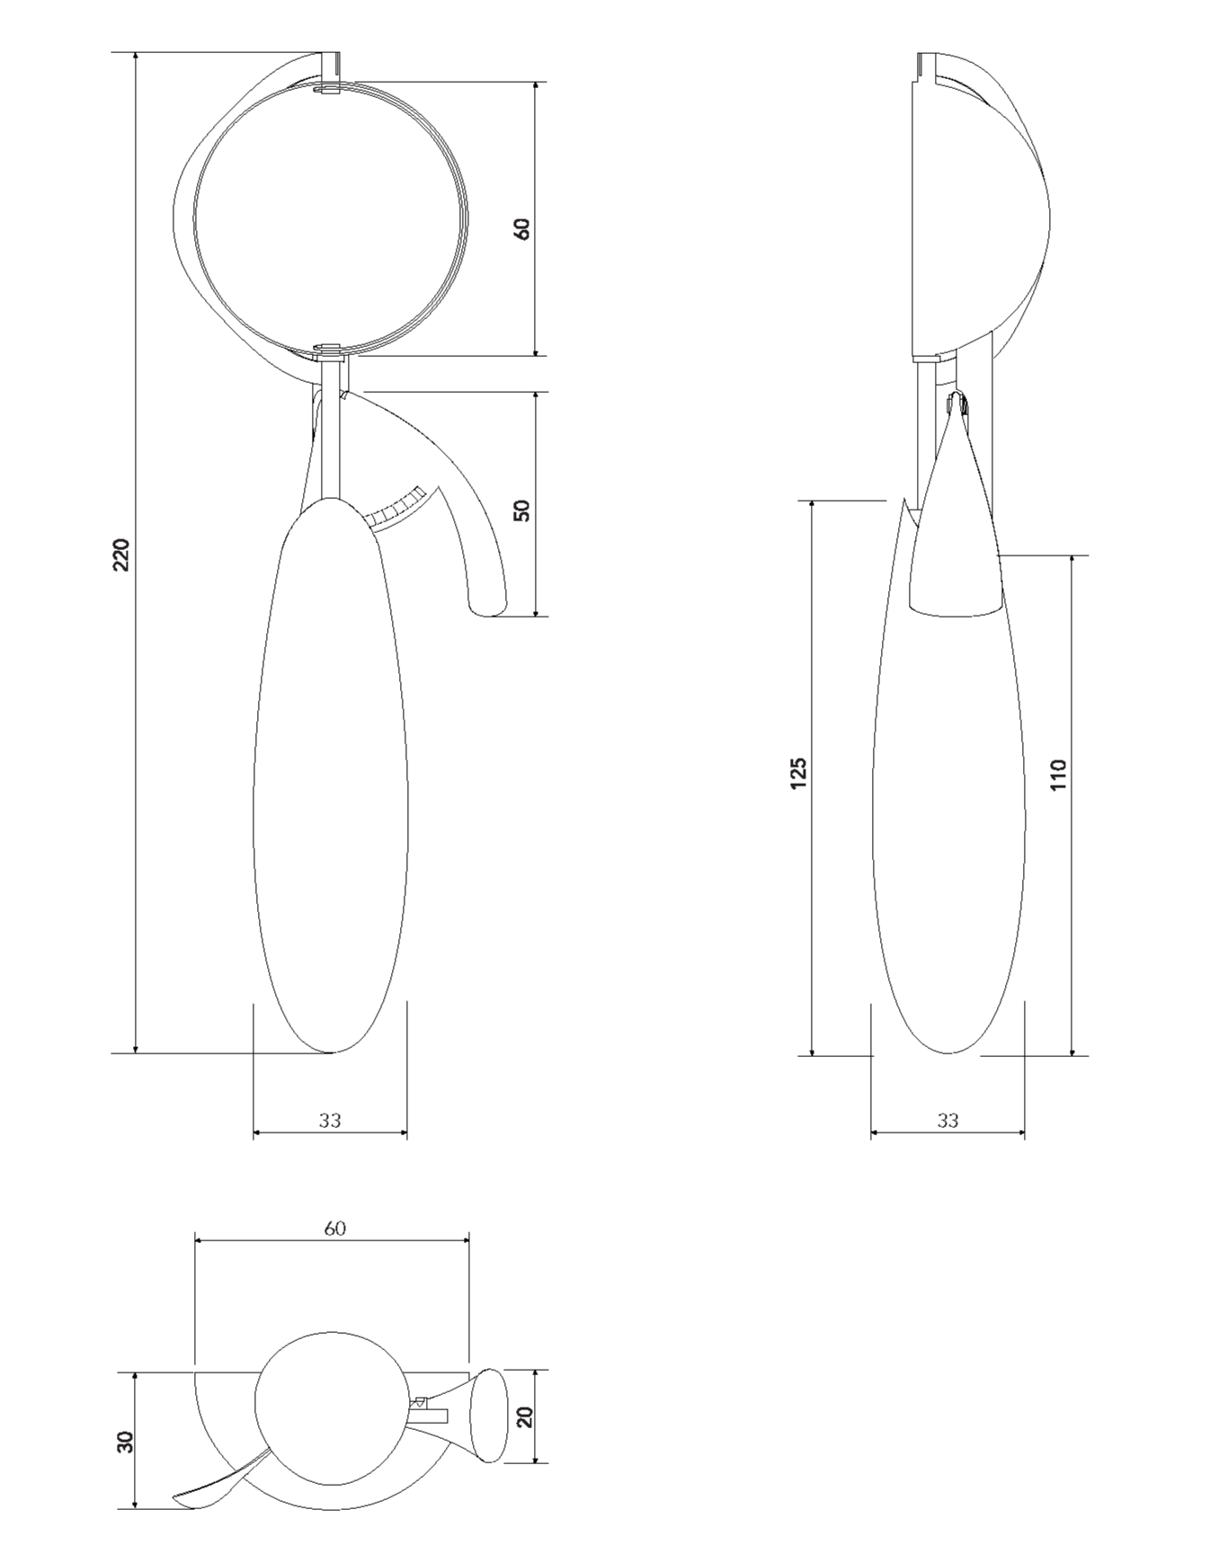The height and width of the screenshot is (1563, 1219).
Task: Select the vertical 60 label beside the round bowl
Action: (x=521, y=228)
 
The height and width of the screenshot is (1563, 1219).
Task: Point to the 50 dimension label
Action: (x=521, y=510)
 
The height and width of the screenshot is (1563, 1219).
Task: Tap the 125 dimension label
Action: (x=798, y=773)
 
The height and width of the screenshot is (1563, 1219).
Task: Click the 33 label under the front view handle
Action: (x=330, y=1120)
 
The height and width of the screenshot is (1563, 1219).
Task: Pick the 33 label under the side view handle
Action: (x=948, y=1120)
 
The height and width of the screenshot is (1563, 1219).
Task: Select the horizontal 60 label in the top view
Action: (x=334, y=1228)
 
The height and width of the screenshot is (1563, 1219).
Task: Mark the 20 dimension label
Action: (x=526, y=1416)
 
